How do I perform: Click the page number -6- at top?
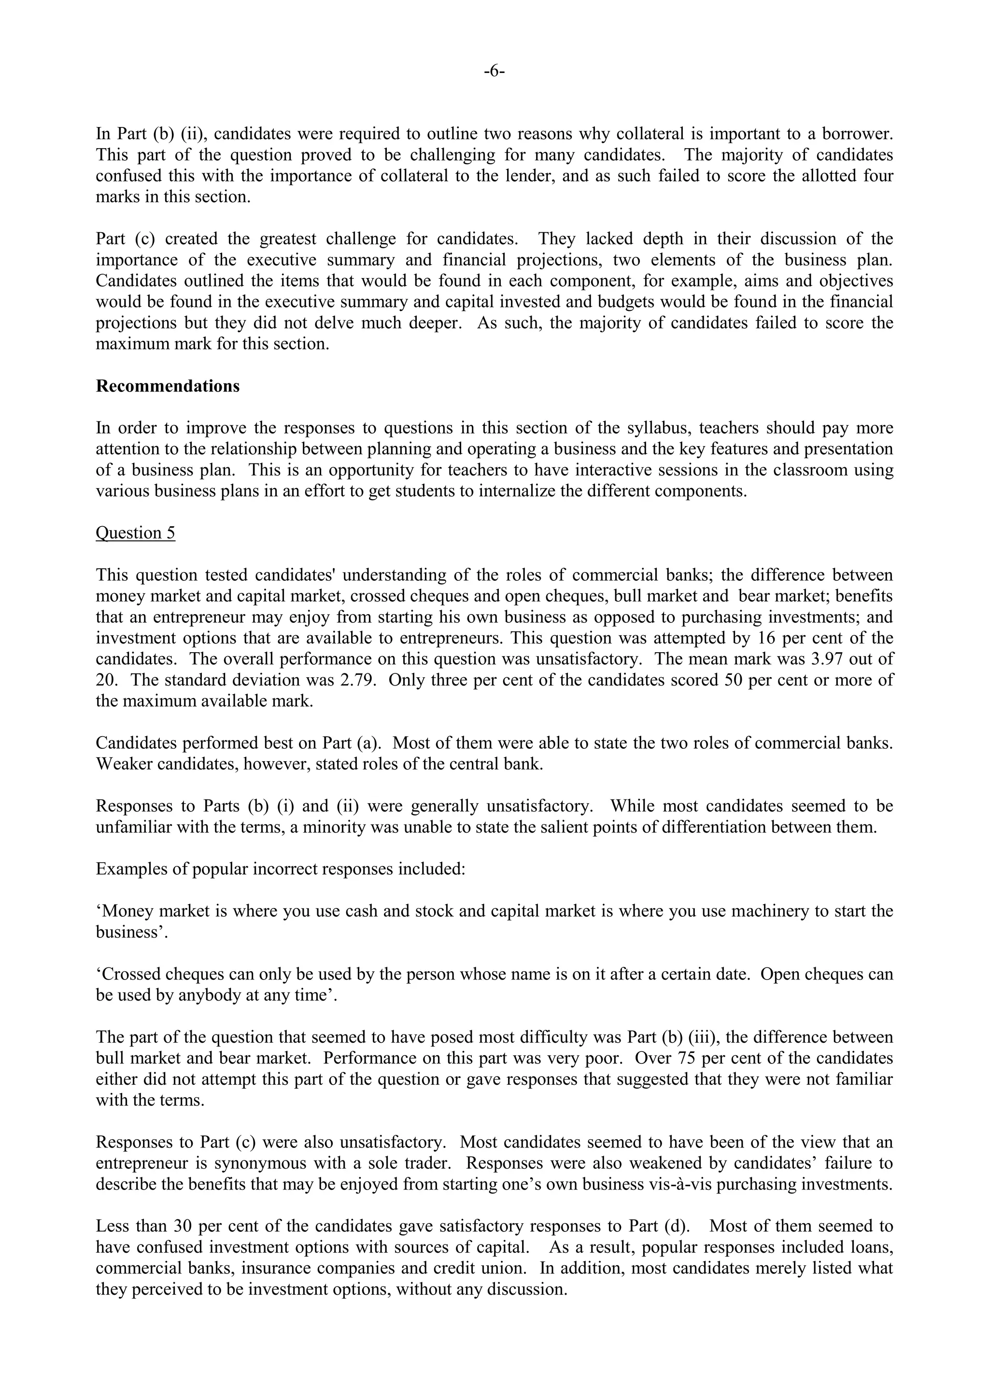[x=494, y=72]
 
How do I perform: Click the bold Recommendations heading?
[x=168, y=387]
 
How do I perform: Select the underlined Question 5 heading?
[x=135, y=533]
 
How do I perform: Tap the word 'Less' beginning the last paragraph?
[x=112, y=1226]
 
